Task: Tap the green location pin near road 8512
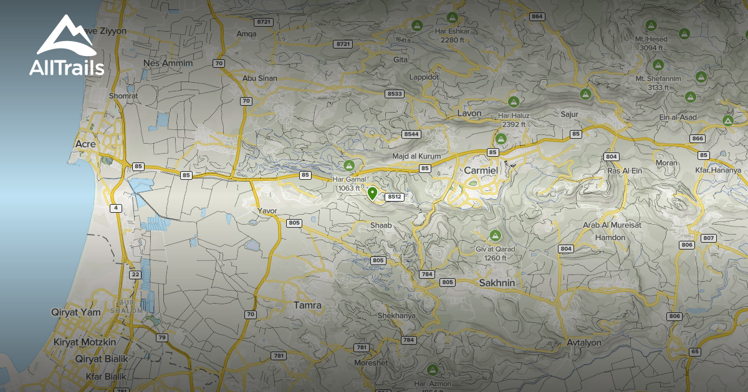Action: [372, 194]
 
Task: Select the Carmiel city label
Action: [481, 170]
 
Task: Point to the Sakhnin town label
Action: [496, 283]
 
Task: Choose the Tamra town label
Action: [307, 306]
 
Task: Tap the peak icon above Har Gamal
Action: [349, 166]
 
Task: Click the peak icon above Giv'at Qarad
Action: [496, 235]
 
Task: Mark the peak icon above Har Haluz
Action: [514, 101]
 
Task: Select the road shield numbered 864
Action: [536, 16]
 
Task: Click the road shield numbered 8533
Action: [395, 93]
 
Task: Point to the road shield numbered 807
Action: [708, 238]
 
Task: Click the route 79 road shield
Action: [162, 338]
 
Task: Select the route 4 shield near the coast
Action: [116, 208]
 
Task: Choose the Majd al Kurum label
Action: [416, 156]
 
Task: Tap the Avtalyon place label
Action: [584, 343]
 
